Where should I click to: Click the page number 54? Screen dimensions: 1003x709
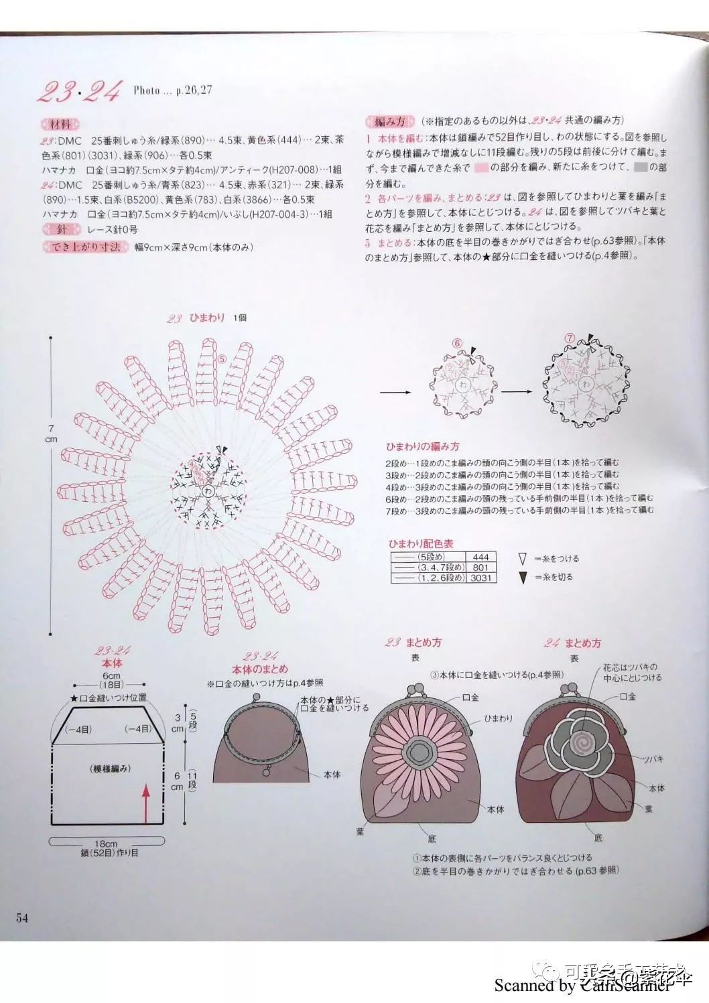[x=22, y=918]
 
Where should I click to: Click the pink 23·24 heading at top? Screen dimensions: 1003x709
[x=79, y=91]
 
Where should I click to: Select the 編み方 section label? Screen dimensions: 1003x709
[x=389, y=121]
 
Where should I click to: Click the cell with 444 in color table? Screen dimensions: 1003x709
[x=480, y=557]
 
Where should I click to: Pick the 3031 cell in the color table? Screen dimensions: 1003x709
[x=480, y=578]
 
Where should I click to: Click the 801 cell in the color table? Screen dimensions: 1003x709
[x=480, y=567]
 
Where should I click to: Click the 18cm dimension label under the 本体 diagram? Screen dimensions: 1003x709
[x=105, y=844]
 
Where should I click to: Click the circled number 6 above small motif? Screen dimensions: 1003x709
[x=458, y=343]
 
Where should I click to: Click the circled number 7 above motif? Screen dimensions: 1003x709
[x=570, y=338]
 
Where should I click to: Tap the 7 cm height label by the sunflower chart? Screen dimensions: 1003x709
[x=51, y=433]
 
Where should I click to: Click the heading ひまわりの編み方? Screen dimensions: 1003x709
[x=422, y=446]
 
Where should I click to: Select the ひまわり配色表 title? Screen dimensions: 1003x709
[x=420, y=543]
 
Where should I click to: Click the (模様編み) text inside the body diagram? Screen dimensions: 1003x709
[x=110, y=768]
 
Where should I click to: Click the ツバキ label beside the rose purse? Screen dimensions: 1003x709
[x=653, y=759]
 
